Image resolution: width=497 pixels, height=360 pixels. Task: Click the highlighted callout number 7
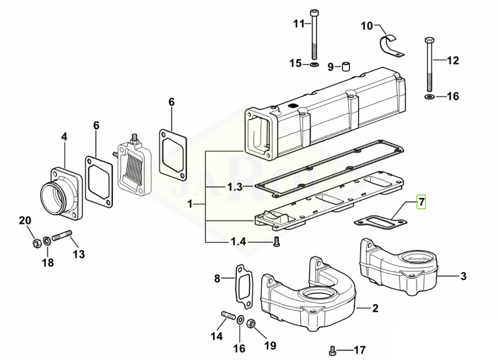point(420,202)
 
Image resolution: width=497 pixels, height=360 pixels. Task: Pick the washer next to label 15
point(314,63)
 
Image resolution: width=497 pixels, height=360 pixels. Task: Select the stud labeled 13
point(62,236)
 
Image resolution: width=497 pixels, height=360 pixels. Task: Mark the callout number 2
point(375,309)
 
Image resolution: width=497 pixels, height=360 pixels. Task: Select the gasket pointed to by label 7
point(380,221)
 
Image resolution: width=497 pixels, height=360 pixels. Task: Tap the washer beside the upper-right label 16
point(429,98)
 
